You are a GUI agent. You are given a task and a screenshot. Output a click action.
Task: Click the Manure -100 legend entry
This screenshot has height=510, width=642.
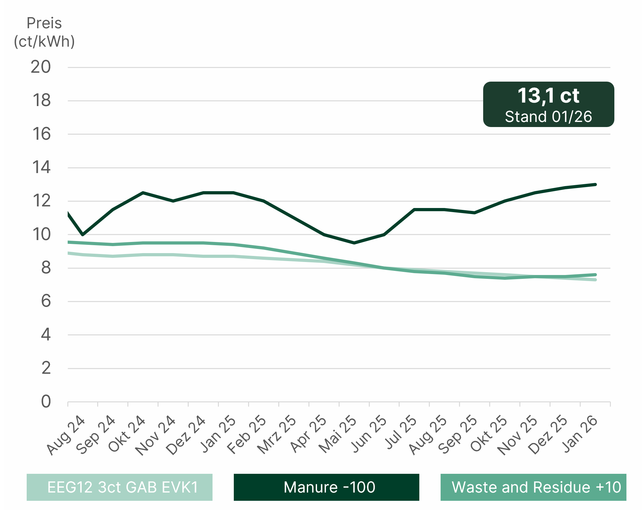tap(326, 487)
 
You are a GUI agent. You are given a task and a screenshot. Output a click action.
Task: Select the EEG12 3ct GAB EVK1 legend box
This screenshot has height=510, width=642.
tap(119, 487)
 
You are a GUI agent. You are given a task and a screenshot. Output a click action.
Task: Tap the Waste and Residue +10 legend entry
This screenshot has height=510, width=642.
tap(533, 487)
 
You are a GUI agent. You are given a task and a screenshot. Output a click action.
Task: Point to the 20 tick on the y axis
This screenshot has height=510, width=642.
tap(41, 67)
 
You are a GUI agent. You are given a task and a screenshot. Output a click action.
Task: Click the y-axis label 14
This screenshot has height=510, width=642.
tap(41, 167)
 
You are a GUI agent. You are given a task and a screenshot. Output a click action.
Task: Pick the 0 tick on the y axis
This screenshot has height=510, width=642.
tap(46, 402)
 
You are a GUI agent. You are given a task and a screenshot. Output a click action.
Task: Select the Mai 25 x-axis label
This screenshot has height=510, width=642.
tap(338, 434)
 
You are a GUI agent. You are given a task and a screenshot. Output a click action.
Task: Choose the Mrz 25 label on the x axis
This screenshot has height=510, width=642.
tap(277, 434)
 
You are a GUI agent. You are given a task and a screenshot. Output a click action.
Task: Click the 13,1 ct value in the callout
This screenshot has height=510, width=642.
tap(549, 96)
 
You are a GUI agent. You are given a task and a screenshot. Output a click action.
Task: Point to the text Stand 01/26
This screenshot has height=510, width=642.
tap(549, 117)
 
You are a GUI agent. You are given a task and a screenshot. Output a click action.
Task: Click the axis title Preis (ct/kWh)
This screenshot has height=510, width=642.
tap(44, 32)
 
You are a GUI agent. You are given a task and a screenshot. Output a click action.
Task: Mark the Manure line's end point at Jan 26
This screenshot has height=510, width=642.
tap(595, 185)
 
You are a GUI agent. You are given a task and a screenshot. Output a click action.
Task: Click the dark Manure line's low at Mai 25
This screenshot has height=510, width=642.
tap(354, 243)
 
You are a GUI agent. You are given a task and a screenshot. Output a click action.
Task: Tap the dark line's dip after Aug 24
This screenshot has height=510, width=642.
tap(83, 235)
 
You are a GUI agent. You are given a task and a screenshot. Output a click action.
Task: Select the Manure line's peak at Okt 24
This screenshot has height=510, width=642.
tap(143, 192)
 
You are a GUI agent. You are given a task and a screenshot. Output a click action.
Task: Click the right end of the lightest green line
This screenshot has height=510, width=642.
tap(595, 280)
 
